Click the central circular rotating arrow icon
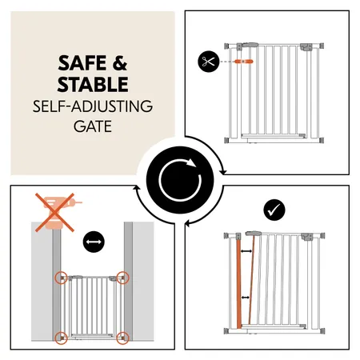(x=179, y=179)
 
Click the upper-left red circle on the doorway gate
(x=61, y=278)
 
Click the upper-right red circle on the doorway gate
(x=122, y=278)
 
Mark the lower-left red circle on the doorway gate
(x=61, y=336)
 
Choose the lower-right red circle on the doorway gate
(x=122, y=336)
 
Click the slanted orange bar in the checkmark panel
(x=251, y=280)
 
